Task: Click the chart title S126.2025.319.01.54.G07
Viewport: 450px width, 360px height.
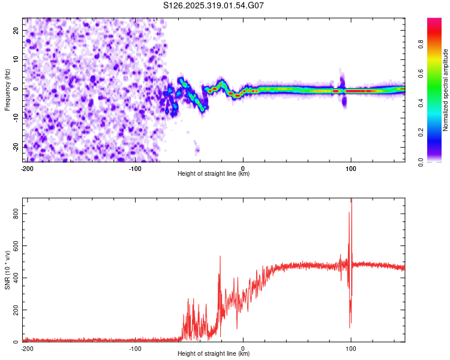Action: [x=214, y=6]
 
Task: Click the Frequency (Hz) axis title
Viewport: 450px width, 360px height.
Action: [x=7, y=89]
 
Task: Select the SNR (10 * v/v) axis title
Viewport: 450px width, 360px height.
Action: [x=7, y=270]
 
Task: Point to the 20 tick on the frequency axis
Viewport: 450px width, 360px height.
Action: [x=16, y=30]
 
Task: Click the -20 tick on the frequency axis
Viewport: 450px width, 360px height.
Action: [x=15, y=147]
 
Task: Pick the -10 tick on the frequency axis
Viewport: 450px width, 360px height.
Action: [x=15, y=118]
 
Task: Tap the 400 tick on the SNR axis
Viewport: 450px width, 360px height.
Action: [x=14, y=278]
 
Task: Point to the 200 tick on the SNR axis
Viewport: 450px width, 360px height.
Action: [x=14, y=310]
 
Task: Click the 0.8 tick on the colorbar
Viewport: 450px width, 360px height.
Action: [x=437, y=44]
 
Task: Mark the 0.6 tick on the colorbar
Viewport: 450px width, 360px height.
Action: [x=437, y=73]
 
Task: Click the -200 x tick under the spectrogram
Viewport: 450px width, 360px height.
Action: [x=26, y=167]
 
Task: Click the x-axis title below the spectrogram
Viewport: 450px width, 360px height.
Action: [x=214, y=174]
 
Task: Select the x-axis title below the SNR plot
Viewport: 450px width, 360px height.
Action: [x=214, y=354]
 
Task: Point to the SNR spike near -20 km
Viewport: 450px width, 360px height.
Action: [x=220, y=257]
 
